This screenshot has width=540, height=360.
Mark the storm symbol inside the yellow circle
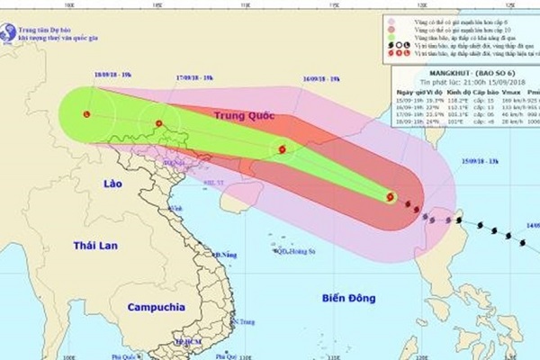click(x=390, y=197)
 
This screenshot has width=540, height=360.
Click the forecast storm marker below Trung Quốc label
click(x=282, y=149)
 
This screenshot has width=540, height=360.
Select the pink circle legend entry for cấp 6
click(x=390, y=20)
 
